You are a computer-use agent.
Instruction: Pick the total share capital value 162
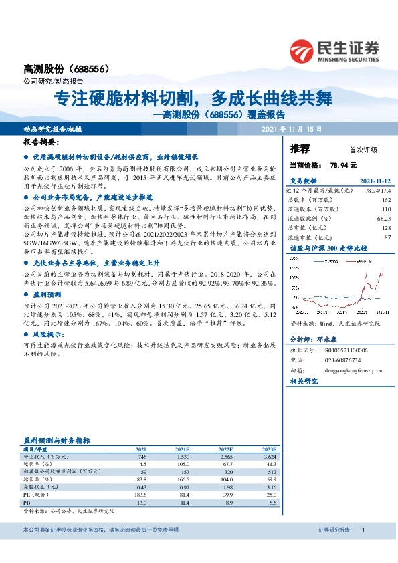[x=387, y=200]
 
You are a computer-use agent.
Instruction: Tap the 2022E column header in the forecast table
[x=225, y=448]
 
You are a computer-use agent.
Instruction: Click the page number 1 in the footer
[x=363, y=530]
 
